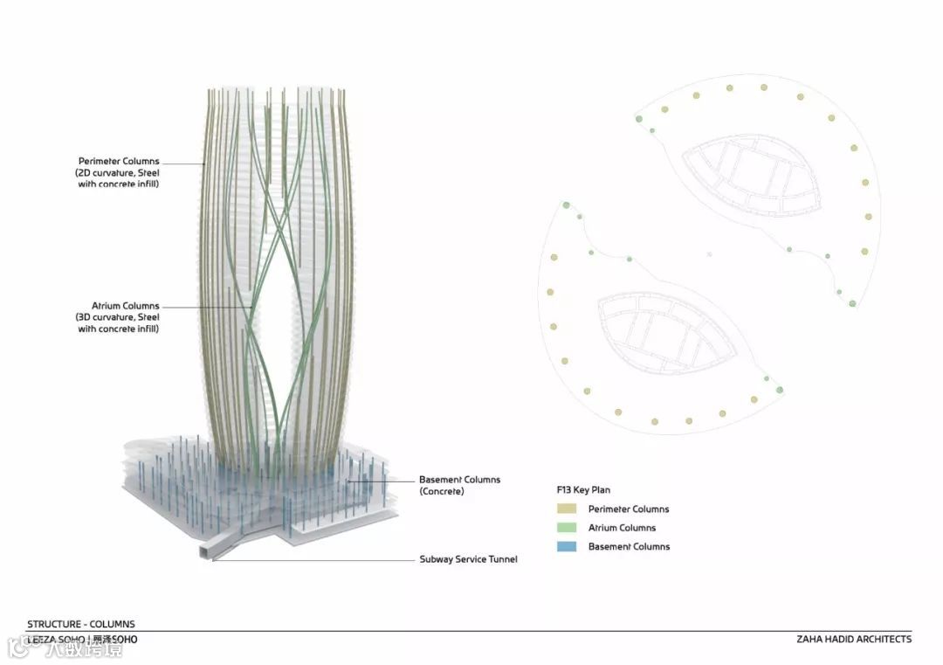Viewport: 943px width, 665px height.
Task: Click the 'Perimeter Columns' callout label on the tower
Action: [119, 162]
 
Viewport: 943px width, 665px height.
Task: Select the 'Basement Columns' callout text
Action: [460, 480]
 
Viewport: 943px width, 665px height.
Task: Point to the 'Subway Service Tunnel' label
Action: [468, 559]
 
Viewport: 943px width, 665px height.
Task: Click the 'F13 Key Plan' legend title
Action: [583, 490]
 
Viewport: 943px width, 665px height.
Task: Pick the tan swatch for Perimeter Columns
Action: [566, 509]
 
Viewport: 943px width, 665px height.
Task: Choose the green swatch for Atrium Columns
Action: [566, 528]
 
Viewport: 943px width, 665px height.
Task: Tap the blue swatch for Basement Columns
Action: [566, 547]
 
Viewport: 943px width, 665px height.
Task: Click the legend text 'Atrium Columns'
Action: [622, 528]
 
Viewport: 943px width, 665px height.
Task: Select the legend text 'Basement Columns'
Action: [629, 547]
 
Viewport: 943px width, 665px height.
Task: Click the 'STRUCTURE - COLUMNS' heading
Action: [81, 624]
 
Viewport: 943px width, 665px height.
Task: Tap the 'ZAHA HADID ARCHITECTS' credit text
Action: [854, 639]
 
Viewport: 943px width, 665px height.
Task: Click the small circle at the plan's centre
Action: [709, 255]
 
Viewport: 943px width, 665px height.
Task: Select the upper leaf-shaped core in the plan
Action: [752, 175]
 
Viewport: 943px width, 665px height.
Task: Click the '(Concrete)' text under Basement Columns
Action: [442, 492]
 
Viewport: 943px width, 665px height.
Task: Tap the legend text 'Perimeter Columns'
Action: [629, 509]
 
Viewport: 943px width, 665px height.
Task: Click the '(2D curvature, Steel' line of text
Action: [119, 173]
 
